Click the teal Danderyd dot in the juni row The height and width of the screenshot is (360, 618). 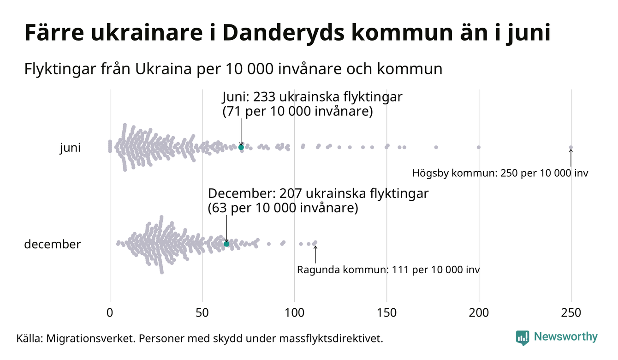(x=241, y=147)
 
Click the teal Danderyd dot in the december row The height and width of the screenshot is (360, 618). (x=226, y=244)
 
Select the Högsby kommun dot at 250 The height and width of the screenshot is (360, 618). (x=571, y=148)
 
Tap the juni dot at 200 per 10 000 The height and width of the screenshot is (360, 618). (x=479, y=147)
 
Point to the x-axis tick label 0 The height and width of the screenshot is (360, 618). (x=110, y=312)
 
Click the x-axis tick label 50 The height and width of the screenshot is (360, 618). (x=202, y=312)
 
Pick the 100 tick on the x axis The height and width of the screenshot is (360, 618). (x=294, y=312)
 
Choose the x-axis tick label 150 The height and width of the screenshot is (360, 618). (x=386, y=312)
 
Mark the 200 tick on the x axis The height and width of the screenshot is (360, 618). (x=479, y=312)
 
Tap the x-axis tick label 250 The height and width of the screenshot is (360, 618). (x=571, y=312)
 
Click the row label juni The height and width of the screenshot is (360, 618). (x=70, y=148)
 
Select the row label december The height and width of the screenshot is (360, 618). (x=52, y=244)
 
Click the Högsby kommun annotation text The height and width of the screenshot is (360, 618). (x=500, y=174)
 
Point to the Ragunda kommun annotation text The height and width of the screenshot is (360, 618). (x=388, y=270)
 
